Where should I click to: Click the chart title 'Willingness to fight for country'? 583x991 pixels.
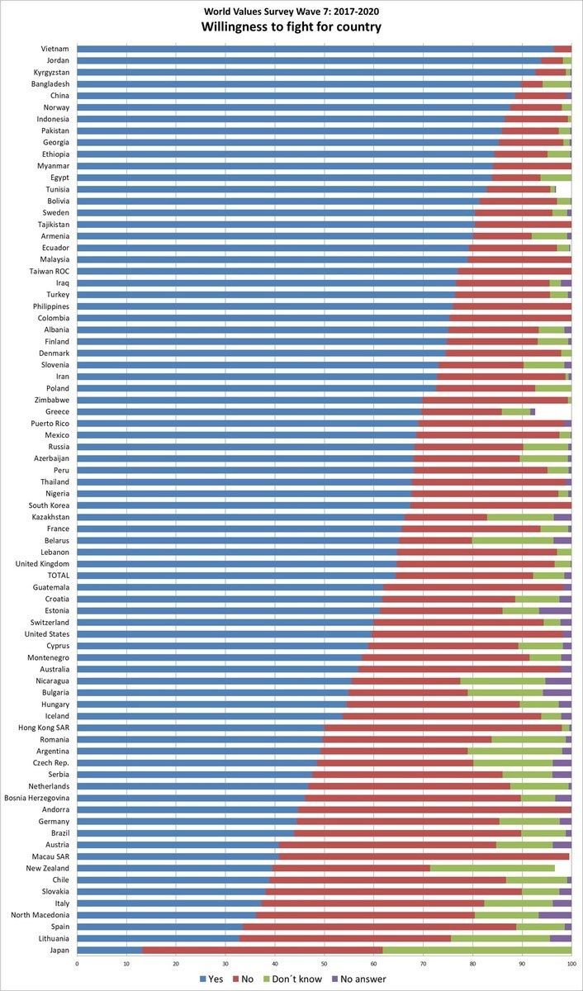pyautogui.click(x=291, y=27)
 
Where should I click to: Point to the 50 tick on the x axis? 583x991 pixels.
pyautogui.click(x=325, y=962)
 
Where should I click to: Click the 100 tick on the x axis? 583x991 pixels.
pyautogui.click(x=571, y=962)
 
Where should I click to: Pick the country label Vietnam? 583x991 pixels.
pyautogui.click(x=55, y=49)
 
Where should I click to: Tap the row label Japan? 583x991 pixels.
pyautogui.click(x=58, y=950)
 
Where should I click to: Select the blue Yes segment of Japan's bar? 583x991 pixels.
pyautogui.click(x=110, y=950)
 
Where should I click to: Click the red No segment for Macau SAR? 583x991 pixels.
pyautogui.click(x=424, y=856)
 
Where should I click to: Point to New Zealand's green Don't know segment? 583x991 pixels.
pyautogui.click(x=492, y=868)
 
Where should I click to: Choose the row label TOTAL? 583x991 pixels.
pyautogui.click(x=55, y=575)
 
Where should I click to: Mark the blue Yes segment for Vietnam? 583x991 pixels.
pyautogui.click(x=315, y=49)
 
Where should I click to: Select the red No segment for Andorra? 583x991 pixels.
pyautogui.click(x=434, y=809)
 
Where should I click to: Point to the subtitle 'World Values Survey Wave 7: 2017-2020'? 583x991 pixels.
pyautogui.click(x=291, y=11)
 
